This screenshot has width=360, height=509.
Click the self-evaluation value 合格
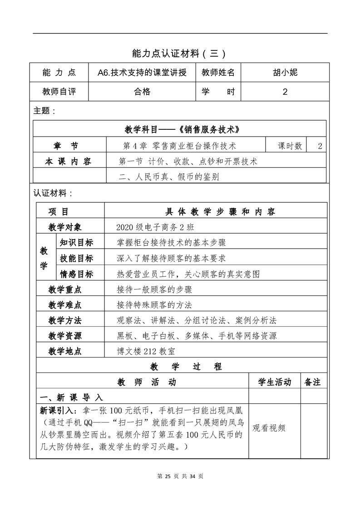click(x=142, y=92)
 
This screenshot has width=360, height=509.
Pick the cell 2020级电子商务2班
click(x=155, y=227)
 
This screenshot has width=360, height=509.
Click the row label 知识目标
click(x=76, y=243)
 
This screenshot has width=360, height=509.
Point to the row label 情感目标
click(x=76, y=274)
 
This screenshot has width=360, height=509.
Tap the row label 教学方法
click(x=65, y=320)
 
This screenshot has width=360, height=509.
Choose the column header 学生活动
click(x=275, y=382)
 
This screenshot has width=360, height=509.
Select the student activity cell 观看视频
click(x=269, y=428)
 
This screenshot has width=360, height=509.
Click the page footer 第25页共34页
click(x=180, y=476)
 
